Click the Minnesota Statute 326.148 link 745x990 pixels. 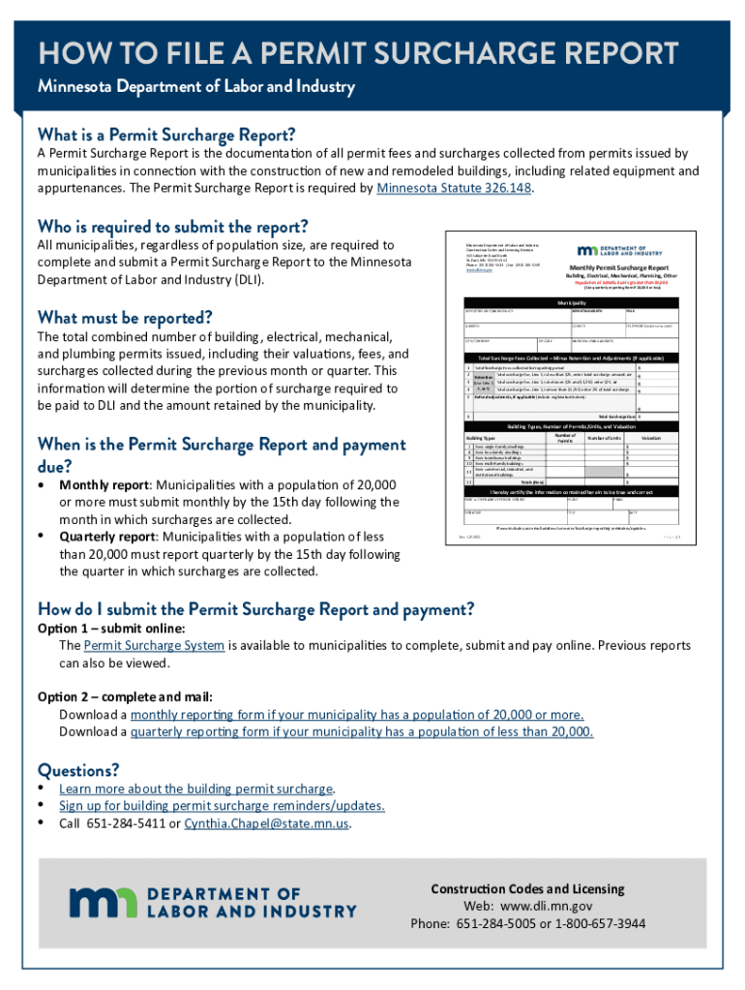(x=454, y=189)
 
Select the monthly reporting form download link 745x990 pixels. (x=357, y=714)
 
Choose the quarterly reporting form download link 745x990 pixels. (x=362, y=732)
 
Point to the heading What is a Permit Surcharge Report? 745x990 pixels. (x=166, y=133)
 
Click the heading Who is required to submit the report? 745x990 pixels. (x=172, y=226)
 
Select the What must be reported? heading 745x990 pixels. (x=124, y=317)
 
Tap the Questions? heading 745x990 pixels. (x=78, y=770)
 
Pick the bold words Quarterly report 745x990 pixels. (x=108, y=537)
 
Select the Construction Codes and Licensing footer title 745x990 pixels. (x=527, y=888)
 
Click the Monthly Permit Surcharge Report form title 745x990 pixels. (x=617, y=267)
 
